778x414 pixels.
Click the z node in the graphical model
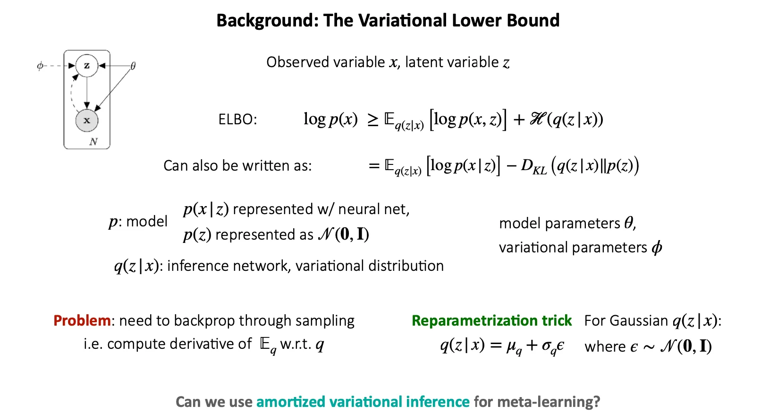tap(87, 66)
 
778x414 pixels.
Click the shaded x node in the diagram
tap(87, 121)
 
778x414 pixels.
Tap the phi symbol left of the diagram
tap(40, 66)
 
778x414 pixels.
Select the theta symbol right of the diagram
tap(133, 66)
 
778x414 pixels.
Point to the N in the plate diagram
tap(93, 141)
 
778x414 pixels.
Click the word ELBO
tap(237, 120)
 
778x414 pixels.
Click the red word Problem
tap(82, 320)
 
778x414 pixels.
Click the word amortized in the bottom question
tap(291, 402)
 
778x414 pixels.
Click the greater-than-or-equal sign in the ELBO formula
tap(373, 120)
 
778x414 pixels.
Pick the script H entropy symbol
tap(536, 119)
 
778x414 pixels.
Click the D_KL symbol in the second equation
tap(533, 166)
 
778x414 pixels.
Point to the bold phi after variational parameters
tap(657, 248)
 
